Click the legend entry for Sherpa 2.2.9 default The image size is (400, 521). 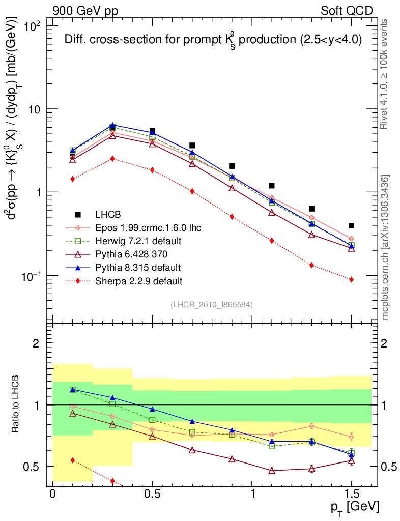tap(138, 280)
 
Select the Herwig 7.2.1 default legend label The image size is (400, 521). tap(138, 241)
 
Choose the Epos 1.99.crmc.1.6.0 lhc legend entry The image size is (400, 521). tap(148, 227)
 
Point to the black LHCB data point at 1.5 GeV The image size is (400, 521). tap(351, 225)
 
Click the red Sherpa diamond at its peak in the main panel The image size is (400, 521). tap(112, 159)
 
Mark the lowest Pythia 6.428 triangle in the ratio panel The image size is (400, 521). tap(272, 471)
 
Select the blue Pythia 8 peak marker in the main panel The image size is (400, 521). tap(112, 125)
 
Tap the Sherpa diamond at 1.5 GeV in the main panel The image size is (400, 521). tap(351, 279)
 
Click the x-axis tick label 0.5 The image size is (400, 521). tap(152, 495)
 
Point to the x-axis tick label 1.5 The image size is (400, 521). tap(351, 495)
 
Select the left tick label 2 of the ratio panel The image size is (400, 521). tap(36, 343)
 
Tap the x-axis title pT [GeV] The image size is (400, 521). tap(355, 507)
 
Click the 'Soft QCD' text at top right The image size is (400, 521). tap(347, 11)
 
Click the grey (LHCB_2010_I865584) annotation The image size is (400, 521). tap(211, 305)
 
